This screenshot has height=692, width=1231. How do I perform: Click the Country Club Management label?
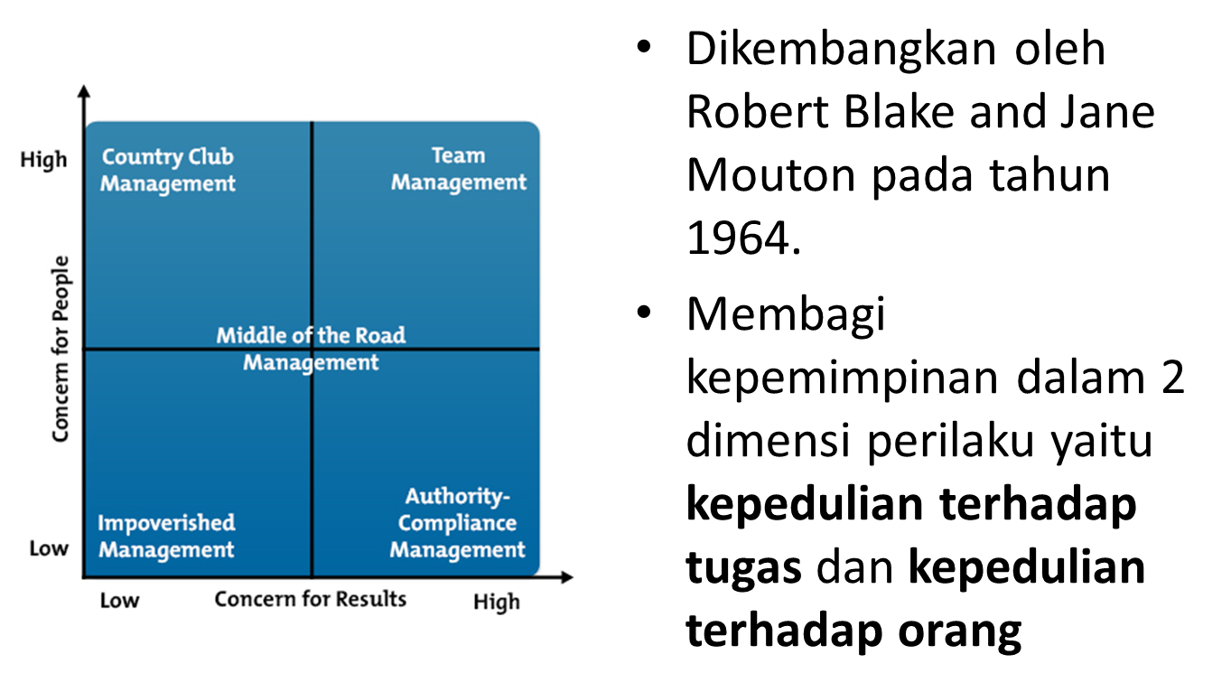167,170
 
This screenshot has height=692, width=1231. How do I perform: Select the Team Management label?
458,169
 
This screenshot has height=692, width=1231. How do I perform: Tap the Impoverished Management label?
166,536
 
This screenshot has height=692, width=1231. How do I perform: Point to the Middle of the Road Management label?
311,349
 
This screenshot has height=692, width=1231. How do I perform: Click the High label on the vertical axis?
43,160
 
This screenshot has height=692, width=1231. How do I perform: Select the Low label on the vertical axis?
49,548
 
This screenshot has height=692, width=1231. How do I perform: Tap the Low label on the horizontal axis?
119,601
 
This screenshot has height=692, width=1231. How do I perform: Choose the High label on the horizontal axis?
496,602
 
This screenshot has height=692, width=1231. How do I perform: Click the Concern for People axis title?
61,349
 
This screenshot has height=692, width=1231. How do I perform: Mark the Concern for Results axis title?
311,599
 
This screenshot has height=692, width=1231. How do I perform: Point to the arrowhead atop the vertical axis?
84,91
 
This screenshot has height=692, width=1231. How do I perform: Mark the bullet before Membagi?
642,313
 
